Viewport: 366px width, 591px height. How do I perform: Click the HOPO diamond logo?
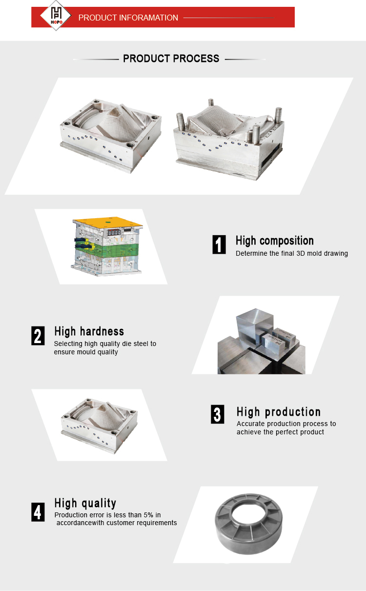coord(56,15)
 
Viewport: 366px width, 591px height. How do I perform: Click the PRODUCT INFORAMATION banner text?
coord(128,18)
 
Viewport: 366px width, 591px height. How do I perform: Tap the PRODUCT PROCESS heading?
coord(171,59)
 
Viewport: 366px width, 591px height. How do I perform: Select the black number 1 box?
coord(219,245)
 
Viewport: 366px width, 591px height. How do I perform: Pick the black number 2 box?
coord(38,336)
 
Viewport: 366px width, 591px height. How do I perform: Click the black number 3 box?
coord(218,414)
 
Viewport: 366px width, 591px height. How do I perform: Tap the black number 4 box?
coord(38,512)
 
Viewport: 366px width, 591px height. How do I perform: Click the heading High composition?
coord(275,241)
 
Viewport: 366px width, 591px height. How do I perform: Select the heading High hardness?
coord(89,331)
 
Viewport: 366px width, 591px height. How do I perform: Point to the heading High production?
coord(279,412)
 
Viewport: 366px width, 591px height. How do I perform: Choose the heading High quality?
coord(85,504)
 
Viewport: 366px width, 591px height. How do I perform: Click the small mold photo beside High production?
coord(100,426)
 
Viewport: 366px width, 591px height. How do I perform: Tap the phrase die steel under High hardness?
coord(135,344)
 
